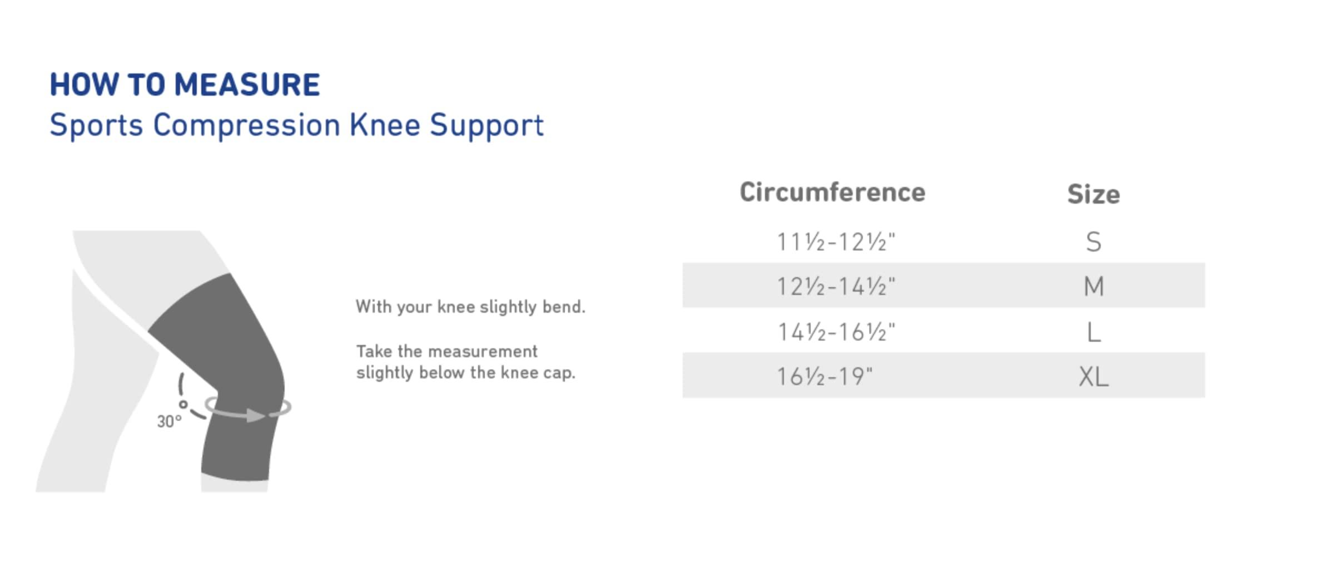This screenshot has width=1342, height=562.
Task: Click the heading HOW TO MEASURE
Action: click(185, 85)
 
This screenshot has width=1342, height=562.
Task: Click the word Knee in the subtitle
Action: click(384, 125)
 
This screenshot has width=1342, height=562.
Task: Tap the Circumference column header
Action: click(832, 192)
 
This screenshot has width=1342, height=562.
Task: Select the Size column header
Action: click(1094, 194)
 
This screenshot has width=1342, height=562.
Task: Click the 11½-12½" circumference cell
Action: click(836, 242)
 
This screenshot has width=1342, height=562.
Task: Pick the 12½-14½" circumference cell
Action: click(836, 287)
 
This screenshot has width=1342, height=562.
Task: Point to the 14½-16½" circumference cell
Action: click(836, 332)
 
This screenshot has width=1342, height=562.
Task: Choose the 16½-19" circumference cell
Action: click(824, 377)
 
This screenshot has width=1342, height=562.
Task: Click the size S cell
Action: click(1094, 242)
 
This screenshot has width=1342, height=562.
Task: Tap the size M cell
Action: click(1094, 287)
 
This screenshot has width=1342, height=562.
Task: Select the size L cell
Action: click(1094, 332)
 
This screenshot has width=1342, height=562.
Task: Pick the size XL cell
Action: click(1094, 377)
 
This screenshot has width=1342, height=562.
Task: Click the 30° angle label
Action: click(169, 421)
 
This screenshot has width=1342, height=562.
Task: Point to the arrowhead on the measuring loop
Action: click(256, 415)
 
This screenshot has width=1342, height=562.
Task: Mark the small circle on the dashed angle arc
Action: click(183, 405)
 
